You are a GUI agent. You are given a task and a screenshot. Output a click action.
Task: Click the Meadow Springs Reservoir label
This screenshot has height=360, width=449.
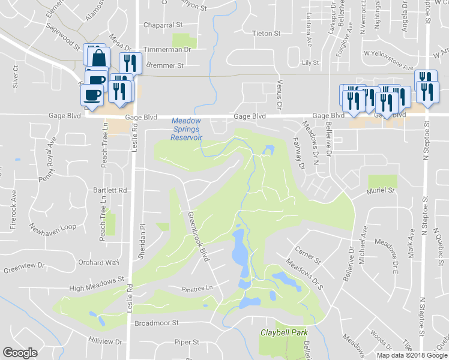click(x=187, y=129)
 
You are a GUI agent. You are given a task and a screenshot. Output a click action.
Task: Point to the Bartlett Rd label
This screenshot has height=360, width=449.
click(x=110, y=190)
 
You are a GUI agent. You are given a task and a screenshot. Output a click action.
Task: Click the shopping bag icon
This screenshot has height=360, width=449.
click(x=98, y=58)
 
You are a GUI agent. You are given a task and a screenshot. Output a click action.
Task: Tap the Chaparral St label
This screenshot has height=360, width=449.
click(x=163, y=25)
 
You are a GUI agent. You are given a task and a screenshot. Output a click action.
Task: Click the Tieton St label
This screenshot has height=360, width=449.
click(x=266, y=34)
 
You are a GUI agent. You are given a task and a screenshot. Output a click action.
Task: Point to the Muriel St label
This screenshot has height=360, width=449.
click(x=381, y=190)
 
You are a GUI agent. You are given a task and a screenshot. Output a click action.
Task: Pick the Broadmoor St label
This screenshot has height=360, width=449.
click(x=157, y=322)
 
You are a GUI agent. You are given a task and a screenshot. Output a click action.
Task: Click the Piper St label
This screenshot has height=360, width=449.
click(x=186, y=342)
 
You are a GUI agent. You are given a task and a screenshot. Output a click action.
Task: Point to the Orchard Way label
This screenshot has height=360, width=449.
click(x=100, y=262)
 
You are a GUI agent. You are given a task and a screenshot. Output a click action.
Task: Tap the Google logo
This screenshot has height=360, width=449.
click(x=20, y=352)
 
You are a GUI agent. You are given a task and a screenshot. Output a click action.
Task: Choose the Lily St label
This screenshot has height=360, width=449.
click(x=310, y=62)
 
